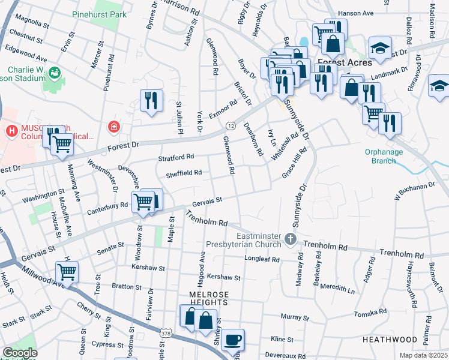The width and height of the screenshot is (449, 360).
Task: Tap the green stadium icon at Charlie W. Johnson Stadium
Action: (55, 73)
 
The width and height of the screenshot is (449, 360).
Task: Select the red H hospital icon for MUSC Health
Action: (10, 130)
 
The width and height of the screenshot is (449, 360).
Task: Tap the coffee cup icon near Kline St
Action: (232, 339)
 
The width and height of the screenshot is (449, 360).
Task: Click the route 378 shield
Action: (167, 332)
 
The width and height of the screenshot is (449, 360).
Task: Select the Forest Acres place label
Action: (345, 62)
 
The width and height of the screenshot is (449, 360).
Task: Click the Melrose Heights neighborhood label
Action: (208, 299)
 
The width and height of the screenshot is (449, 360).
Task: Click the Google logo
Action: (20, 353)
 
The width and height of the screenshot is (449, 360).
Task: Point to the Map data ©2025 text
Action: (423, 355)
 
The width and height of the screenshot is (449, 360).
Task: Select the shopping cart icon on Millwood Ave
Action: (67, 272)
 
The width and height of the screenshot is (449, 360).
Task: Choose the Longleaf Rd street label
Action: (262, 259)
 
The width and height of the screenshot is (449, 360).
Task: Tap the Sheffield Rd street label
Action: (184, 173)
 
